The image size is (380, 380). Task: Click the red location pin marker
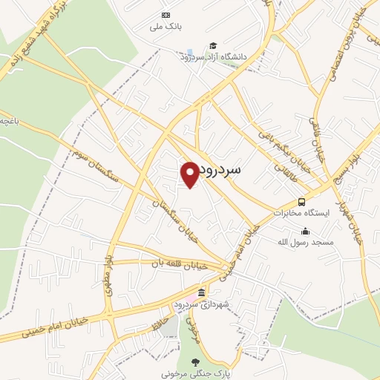(x=190, y=174)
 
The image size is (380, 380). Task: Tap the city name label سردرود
(x=231, y=170)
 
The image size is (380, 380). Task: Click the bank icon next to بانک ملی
(x=165, y=16)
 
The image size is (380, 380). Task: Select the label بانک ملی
(x=165, y=27)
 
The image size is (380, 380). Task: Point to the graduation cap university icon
(x=213, y=45)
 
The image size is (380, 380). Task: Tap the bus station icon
(x=301, y=201)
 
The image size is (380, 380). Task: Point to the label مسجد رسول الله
(x=306, y=242)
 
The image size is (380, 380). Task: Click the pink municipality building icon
(x=201, y=292)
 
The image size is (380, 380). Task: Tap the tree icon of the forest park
(x=195, y=362)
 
